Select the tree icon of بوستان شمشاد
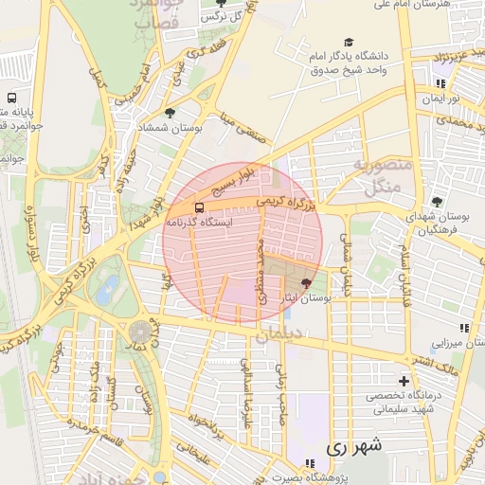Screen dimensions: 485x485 [170, 114]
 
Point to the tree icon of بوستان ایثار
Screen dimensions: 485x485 [305, 283]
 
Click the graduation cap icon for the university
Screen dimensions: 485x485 [349, 43]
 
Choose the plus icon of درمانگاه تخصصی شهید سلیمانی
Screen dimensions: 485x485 [404, 382]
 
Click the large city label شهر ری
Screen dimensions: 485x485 [352, 445]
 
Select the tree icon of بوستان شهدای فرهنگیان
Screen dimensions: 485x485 [436, 202]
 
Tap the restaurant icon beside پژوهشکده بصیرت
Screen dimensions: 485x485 [308, 463]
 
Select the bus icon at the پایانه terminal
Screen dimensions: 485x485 [11, 98]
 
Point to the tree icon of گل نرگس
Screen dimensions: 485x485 [222, 4]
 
